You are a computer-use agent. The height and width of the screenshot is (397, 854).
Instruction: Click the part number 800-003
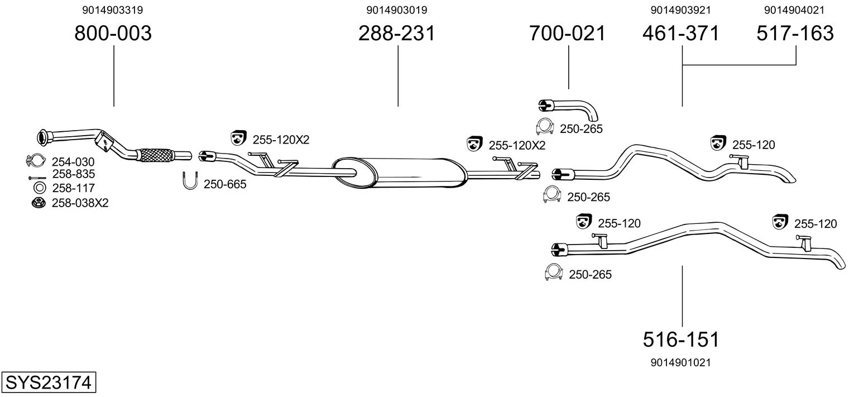(113, 34)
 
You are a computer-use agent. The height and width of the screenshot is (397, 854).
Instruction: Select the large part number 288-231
(396, 34)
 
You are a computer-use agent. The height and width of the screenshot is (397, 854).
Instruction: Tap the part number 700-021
(567, 34)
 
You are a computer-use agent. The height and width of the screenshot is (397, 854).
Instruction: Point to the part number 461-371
(681, 34)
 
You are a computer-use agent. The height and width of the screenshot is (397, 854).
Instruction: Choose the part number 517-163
(795, 34)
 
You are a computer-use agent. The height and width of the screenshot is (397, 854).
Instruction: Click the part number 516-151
(681, 339)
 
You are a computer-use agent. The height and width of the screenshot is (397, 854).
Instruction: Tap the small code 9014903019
(397, 10)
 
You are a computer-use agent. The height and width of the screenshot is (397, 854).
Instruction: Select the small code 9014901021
(681, 362)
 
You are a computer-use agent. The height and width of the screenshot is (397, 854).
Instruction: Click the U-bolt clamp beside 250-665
(190, 181)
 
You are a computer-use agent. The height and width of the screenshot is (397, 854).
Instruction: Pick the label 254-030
(73, 162)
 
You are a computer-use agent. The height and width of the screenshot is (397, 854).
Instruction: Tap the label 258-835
(73, 175)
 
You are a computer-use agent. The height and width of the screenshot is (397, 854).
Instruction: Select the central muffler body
(399, 172)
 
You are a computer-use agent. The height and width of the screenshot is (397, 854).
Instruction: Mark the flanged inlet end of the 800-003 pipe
(42, 136)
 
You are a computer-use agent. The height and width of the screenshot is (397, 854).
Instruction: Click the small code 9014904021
(795, 10)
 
